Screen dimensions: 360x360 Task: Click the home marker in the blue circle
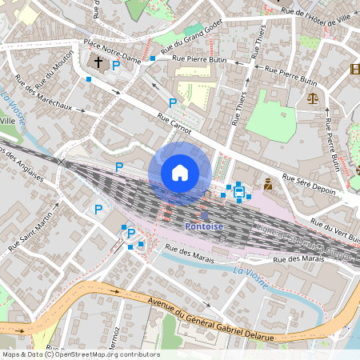pyautogui.click(x=180, y=173)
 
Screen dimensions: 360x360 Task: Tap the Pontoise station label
pyautogui.click(x=204, y=226)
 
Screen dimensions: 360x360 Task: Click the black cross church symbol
pyautogui.click(x=98, y=62)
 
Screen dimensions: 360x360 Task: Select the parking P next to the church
pyautogui.click(x=116, y=66)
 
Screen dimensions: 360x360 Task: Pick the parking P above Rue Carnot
pyautogui.click(x=172, y=103)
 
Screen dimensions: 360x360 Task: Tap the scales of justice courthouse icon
pyautogui.click(x=312, y=98)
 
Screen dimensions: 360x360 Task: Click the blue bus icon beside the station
pyautogui.click(x=238, y=190)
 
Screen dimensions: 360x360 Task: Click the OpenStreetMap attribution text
pyautogui.click(x=80, y=354)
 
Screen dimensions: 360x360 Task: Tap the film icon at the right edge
pyautogui.click(x=354, y=69)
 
